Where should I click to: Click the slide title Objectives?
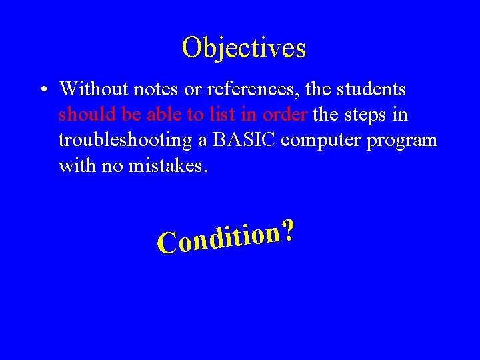(243, 48)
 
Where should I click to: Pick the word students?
(372, 89)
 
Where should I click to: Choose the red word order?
(285, 115)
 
